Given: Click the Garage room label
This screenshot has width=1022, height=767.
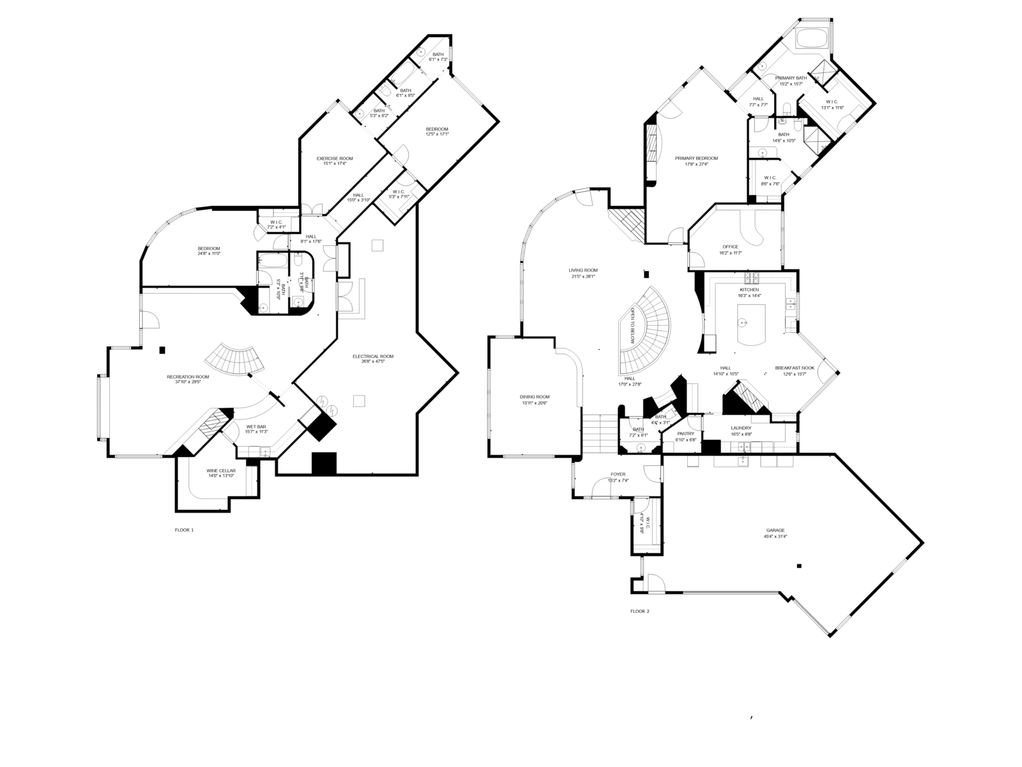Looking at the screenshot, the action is click(x=775, y=530).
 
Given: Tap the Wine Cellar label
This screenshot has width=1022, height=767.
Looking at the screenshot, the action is click(x=221, y=470).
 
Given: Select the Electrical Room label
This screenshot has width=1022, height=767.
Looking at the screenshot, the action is click(x=373, y=356).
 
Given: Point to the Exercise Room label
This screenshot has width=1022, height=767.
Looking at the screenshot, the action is click(x=335, y=159).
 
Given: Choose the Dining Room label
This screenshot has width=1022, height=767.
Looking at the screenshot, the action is click(x=534, y=397).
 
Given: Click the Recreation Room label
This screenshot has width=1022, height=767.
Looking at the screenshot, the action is click(x=188, y=377).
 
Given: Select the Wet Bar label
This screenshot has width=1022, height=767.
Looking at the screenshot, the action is click(x=256, y=426).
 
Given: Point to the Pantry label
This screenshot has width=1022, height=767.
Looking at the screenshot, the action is click(x=685, y=433).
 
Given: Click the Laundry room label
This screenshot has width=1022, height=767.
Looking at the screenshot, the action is click(x=741, y=428).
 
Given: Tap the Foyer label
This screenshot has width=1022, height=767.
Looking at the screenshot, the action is click(x=618, y=474).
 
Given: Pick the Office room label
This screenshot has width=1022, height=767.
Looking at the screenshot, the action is click(x=730, y=247).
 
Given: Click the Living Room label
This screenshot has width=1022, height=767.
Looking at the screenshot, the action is click(x=583, y=270).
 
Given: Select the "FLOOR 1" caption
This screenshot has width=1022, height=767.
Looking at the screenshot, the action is click(x=184, y=530).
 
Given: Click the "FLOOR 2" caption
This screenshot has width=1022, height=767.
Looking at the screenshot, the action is click(x=639, y=611).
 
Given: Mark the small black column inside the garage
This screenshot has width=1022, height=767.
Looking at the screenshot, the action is click(x=799, y=565).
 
